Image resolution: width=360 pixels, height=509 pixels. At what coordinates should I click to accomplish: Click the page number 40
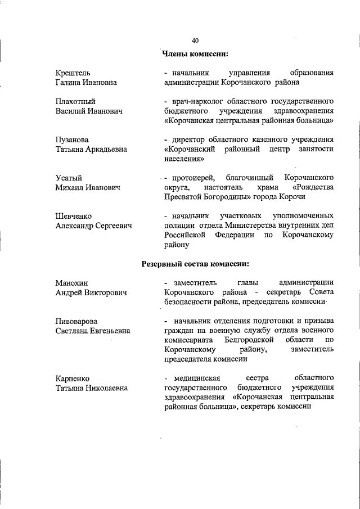pos(195,40)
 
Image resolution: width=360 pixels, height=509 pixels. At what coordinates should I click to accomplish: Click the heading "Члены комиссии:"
pos(195,54)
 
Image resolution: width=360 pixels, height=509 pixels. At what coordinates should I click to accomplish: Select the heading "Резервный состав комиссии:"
pos(195,263)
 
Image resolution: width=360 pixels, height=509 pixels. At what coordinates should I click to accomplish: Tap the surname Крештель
pos(73,73)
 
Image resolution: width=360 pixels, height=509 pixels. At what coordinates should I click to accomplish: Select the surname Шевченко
pos(74,216)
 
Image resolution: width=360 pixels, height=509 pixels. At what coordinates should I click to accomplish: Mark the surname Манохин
pos(72,283)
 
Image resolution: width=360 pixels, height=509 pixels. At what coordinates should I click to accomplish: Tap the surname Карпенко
pos(73,378)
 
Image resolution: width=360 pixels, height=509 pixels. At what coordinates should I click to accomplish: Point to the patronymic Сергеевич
pos(114,226)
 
